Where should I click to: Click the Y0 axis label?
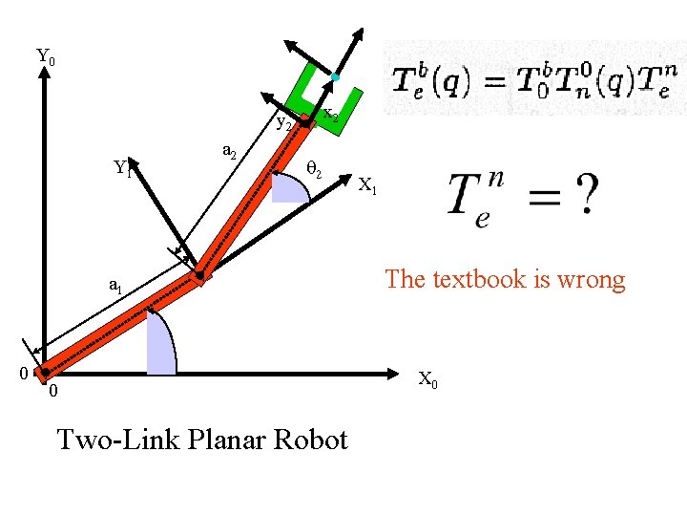pos(45,57)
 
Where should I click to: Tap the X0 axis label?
pos(429,379)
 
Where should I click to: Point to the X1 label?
pos(368,187)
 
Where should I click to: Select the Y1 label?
pos(121,169)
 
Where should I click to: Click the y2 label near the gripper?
pos(283,122)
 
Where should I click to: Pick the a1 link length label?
pos(114,285)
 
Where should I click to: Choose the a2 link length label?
pos(229,150)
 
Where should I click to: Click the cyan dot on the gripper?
pos(336,76)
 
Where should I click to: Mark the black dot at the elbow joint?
pos(200,277)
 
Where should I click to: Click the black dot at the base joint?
pos(43,372)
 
